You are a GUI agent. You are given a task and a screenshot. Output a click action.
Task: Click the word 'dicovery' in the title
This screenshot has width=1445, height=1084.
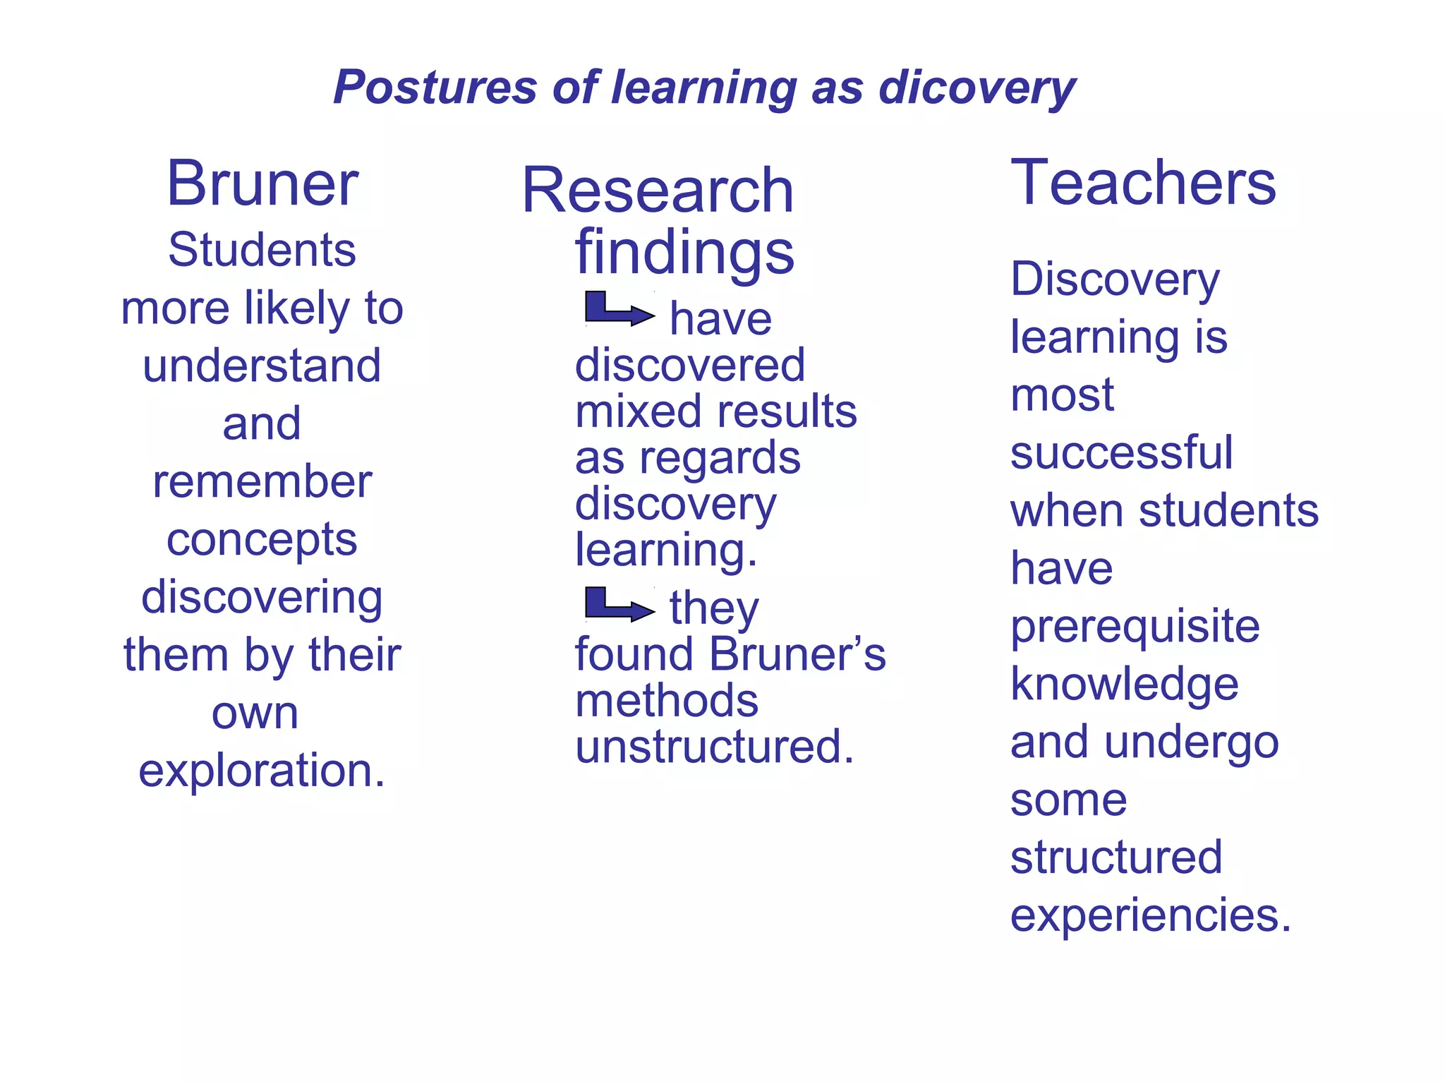[x=977, y=88]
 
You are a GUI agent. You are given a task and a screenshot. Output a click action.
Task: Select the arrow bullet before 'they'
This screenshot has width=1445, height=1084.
[x=618, y=605]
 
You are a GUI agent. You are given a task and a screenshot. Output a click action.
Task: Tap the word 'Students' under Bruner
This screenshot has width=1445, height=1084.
[x=262, y=250]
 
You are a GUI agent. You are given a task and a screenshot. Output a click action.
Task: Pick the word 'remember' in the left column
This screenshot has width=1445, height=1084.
[x=262, y=482]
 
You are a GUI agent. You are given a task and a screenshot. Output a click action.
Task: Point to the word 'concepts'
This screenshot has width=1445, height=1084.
[x=262, y=540]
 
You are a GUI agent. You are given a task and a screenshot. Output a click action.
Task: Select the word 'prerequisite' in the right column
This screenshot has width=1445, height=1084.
[x=1135, y=627]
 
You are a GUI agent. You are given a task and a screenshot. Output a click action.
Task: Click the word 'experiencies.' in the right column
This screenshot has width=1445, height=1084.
[x=1150, y=915]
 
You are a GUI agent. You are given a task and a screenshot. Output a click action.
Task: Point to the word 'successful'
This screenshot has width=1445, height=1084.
[x=1121, y=452]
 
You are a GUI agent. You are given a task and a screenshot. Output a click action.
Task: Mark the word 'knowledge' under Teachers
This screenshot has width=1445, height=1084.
[x=1124, y=685]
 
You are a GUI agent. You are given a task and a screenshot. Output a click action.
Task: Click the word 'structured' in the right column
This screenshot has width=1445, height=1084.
[x=1116, y=857]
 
